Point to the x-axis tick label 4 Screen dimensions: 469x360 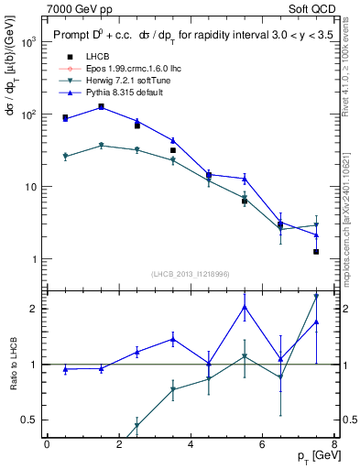click(190, 444)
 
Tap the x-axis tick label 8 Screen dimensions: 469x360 click(333, 444)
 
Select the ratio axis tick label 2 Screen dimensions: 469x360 click(32, 308)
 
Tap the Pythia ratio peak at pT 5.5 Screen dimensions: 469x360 click(245, 307)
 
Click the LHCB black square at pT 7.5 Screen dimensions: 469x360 click(316, 251)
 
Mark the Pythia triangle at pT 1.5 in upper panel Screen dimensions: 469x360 click(101, 106)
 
